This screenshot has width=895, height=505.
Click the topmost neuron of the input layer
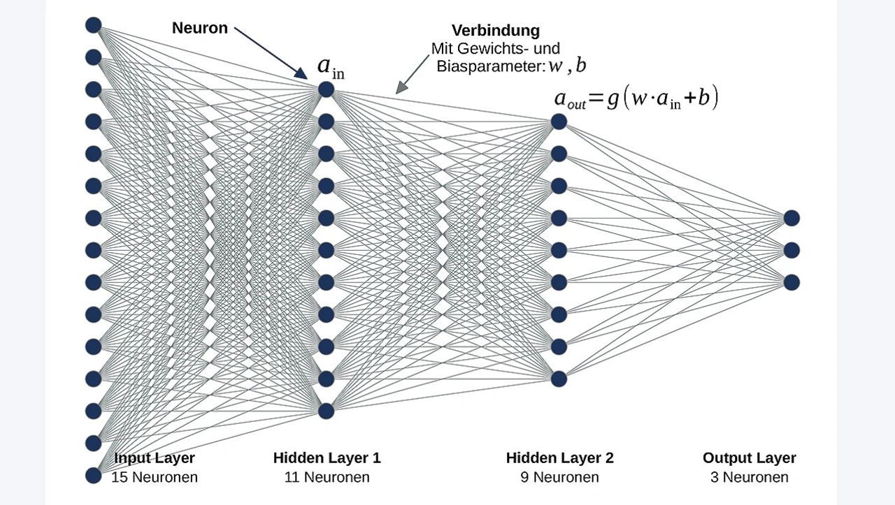(x=94, y=25)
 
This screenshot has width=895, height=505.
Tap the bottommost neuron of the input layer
(x=94, y=475)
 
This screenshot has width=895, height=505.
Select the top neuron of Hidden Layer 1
(x=326, y=89)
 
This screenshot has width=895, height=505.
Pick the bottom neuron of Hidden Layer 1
(x=326, y=411)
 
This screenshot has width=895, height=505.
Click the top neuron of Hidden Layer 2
(x=558, y=122)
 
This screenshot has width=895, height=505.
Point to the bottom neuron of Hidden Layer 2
(x=558, y=379)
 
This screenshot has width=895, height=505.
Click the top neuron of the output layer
(x=791, y=218)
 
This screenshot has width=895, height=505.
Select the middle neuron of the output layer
(x=791, y=250)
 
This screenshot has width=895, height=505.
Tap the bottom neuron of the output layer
(x=791, y=282)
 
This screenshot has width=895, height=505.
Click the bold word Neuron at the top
(x=200, y=29)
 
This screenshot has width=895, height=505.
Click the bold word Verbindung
(x=496, y=31)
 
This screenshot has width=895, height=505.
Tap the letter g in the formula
(x=613, y=100)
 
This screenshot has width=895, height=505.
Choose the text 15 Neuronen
(x=155, y=478)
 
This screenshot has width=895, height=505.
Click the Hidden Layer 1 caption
(x=327, y=458)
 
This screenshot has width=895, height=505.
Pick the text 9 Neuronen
(x=560, y=478)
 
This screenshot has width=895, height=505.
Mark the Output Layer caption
(x=750, y=458)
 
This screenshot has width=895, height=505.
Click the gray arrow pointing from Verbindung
(x=413, y=74)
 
